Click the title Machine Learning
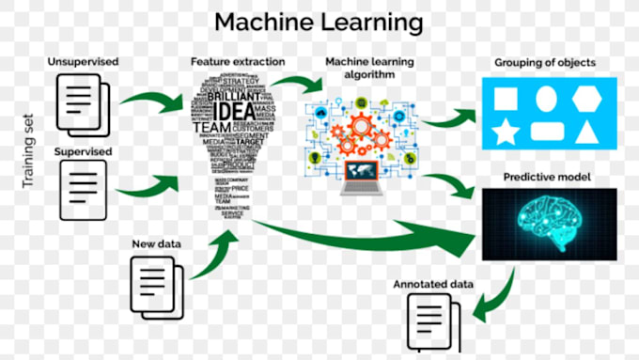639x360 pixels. pyautogui.click(x=317, y=21)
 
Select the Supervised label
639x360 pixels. pyautogui.click(x=84, y=150)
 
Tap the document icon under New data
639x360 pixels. pyautogui.click(x=154, y=279)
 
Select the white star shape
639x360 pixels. pyautogui.click(x=506, y=131)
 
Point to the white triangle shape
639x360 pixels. pyautogui.click(x=590, y=131)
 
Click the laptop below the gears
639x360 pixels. pyautogui.click(x=362, y=176)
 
